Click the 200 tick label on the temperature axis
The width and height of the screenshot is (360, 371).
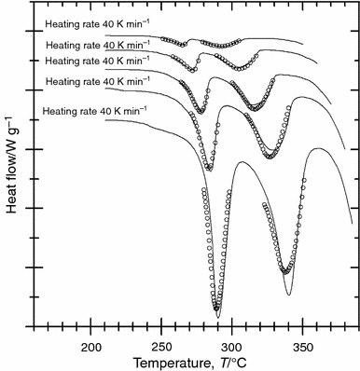(x=90, y=347)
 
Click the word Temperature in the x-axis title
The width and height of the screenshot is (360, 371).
(x=164, y=363)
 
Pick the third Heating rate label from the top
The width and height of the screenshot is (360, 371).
(x=94, y=61)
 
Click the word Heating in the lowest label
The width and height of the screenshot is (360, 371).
(x=63, y=113)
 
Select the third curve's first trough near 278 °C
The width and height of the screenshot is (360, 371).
(x=201, y=113)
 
